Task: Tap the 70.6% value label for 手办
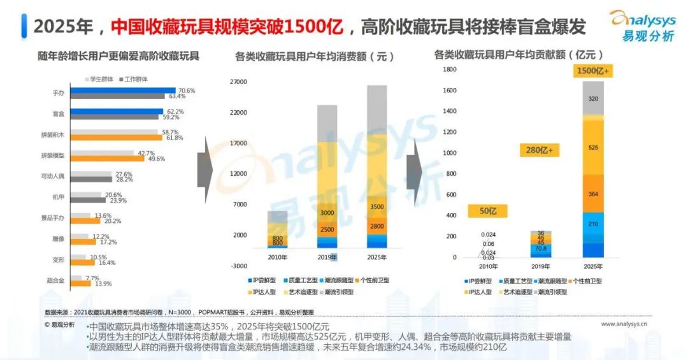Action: coord(187,90)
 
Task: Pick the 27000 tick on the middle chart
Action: coord(238,82)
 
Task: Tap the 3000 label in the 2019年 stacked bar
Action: coord(327,213)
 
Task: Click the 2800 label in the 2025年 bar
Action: coord(376,226)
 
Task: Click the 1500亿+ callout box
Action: coord(594,71)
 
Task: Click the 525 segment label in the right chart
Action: coord(593,148)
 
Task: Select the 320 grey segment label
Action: coord(593,99)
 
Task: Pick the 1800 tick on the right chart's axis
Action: coord(450,69)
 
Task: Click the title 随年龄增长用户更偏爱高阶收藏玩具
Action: coord(118,56)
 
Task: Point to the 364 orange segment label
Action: coord(593,194)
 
